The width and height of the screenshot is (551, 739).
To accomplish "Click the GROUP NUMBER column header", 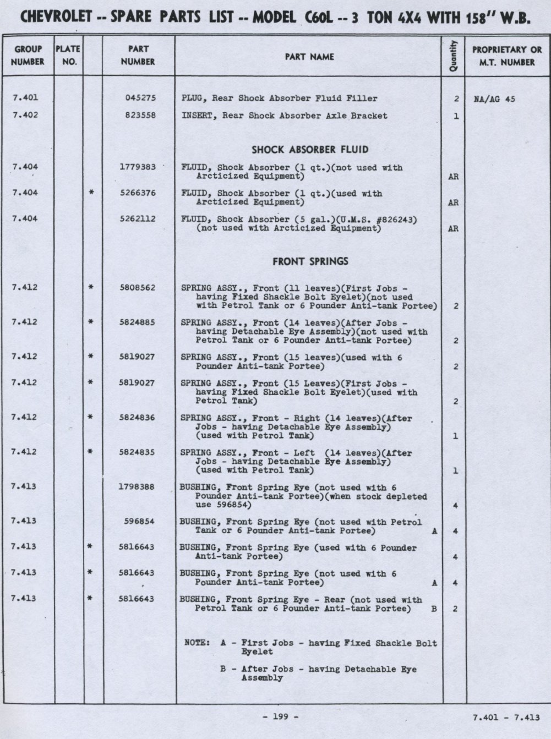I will click(x=28, y=56).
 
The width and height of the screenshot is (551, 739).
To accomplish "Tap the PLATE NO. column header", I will click(x=68, y=56).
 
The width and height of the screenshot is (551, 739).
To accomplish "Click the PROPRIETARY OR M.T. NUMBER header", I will click(x=506, y=56).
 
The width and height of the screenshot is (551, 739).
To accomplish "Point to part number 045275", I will click(x=140, y=98).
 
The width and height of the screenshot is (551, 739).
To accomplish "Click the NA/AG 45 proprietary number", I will click(x=494, y=100).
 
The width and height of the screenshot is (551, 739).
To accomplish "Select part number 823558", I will click(x=140, y=116).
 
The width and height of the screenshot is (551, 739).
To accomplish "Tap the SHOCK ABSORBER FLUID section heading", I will click(x=310, y=150).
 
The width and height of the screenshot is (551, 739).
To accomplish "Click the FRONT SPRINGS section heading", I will click(x=310, y=261).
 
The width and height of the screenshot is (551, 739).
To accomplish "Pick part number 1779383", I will click(x=138, y=167).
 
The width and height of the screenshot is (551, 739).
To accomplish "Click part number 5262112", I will click(x=138, y=218).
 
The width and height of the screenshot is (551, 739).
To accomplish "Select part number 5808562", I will click(x=138, y=287).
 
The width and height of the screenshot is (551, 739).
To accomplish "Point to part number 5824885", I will click(x=138, y=322).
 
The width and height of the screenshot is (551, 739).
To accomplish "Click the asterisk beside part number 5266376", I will click(x=91, y=193).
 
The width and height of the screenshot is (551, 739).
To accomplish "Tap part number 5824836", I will click(x=138, y=418).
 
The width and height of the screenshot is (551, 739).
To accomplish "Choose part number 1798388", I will click(x=138, y=487).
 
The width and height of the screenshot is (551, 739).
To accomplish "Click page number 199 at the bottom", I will click(x=281, y=717).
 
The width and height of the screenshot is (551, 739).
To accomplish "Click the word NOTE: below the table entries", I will click(x=197, y=643).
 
